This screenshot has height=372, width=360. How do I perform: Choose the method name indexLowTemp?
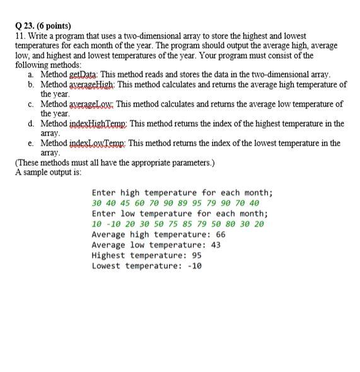tap(96, 143)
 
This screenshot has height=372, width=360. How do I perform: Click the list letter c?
tap(32, 104)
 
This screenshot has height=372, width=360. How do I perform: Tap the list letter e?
tap(32, 143)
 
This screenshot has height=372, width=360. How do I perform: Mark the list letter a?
tap(32, 74)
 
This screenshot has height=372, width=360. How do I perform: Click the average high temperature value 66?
tap(220, 235)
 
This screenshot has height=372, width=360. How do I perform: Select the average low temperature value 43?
tap(216, 245)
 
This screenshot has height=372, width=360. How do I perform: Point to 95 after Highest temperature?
tap(197, 255)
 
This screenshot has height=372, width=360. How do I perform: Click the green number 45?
tap(126, 203)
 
